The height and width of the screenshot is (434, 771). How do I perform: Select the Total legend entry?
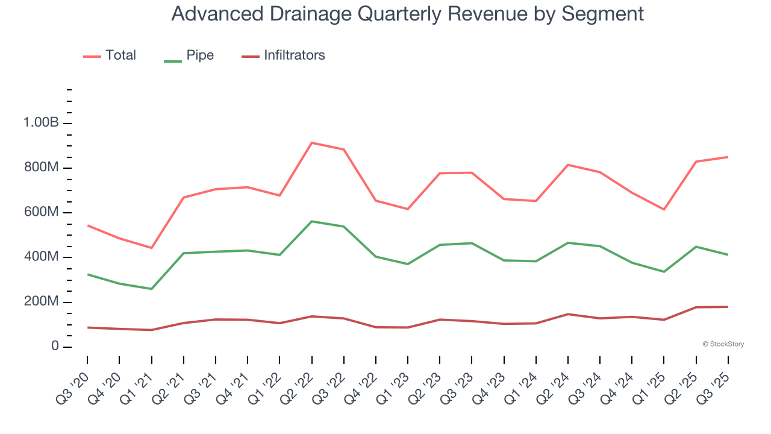pos(120,55)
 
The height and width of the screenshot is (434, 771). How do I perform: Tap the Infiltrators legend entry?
pos(294,55)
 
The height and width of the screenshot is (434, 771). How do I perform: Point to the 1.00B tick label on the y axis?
pos(41,123)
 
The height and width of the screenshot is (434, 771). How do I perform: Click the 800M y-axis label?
pos(41,168)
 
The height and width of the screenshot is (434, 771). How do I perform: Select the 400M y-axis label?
pos(41,257)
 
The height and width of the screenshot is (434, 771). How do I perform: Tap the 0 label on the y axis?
pos(55,347)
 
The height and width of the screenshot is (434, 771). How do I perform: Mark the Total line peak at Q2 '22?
pos(311,143)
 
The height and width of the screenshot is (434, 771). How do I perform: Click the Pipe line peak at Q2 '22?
pos(311,221)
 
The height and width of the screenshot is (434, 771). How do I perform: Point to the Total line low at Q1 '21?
pos(151,248)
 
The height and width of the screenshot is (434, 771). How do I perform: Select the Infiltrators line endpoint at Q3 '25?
pos(728,307)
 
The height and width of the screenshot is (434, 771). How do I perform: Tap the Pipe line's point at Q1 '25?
pos(664,272)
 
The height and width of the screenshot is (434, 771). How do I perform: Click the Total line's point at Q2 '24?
pos(568,165)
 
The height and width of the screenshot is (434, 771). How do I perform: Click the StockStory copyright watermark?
pos(723,344)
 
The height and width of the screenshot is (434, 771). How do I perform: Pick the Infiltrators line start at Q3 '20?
pos(87,327)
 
